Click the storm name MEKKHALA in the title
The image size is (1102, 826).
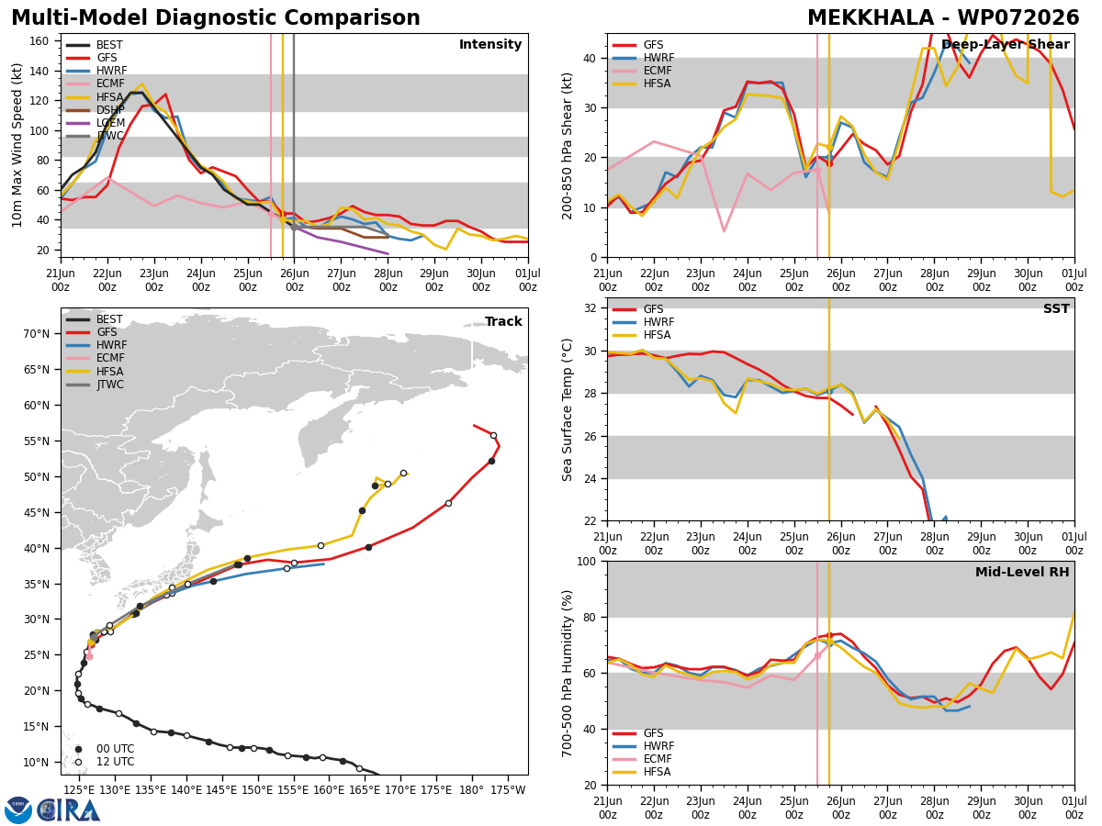[x=871, y=17]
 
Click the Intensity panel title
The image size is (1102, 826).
[x=490, y=45]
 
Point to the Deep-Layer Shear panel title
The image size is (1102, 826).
[x=1005, y=45]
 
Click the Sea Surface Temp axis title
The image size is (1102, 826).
[x=568, y=409]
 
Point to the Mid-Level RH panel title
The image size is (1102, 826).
[x=1022, y=572]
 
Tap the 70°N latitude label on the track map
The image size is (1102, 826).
[x=36, y=334]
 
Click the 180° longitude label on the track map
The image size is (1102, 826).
[x=472, y=790]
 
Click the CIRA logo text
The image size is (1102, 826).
[x=68, y=810]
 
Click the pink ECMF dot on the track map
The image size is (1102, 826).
[x=89, y=656]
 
